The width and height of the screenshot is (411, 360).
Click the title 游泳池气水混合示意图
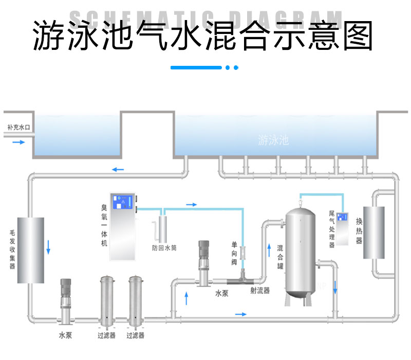(x=203, y=37)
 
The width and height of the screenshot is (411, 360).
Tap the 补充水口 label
(x=20, y=127)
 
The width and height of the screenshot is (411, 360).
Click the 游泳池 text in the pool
(x=274, y=139)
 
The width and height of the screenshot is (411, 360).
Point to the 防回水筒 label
(x=164, y=247)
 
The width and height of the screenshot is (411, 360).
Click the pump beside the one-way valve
(x=203, y=261)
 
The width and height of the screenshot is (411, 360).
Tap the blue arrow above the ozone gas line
(x=191, y=205)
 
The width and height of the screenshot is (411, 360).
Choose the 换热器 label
(x=359, y=230)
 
